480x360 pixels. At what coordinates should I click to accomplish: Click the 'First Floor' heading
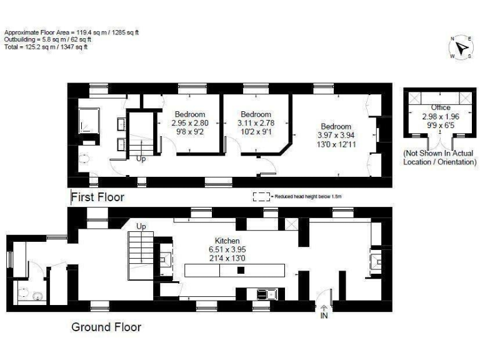coord(97,197)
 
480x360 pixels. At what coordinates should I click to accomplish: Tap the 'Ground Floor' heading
coord(106,327)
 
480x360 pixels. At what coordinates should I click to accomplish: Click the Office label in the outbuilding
coord(441,107)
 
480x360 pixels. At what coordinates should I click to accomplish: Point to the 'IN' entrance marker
coord(324,315)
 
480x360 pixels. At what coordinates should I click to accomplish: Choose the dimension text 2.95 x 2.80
coord(189,123)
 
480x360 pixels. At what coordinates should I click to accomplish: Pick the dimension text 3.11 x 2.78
coord(256,123)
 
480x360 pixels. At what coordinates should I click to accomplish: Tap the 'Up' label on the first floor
coord(141,159)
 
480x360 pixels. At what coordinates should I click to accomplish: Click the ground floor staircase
coord(139,256)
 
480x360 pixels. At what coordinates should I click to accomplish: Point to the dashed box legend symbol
coord(260,196)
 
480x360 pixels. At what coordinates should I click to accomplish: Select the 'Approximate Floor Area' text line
coord(71,31)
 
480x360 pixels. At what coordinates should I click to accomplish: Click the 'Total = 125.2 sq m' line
coord(46,46)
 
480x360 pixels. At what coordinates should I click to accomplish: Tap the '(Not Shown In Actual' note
coord(439,153)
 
